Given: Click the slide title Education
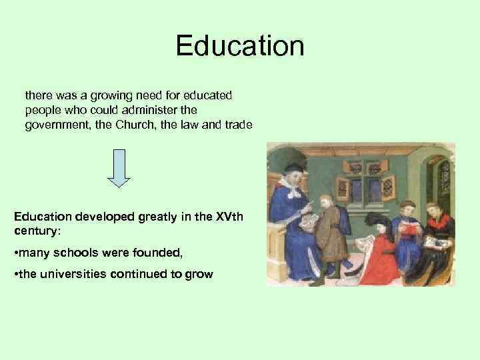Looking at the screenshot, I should tap(240, 47).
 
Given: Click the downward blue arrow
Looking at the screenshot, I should tap(120, 167).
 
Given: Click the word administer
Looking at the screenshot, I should tap(153, 109).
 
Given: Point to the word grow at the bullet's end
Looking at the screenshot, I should tap(199, 273).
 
